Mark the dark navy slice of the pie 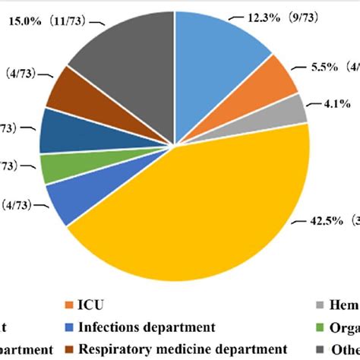(59, 131)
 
